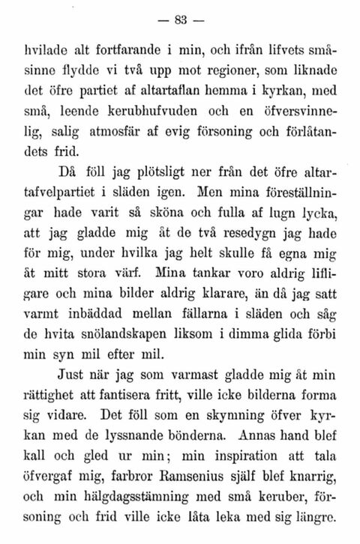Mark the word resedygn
[x=247, y=217]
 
